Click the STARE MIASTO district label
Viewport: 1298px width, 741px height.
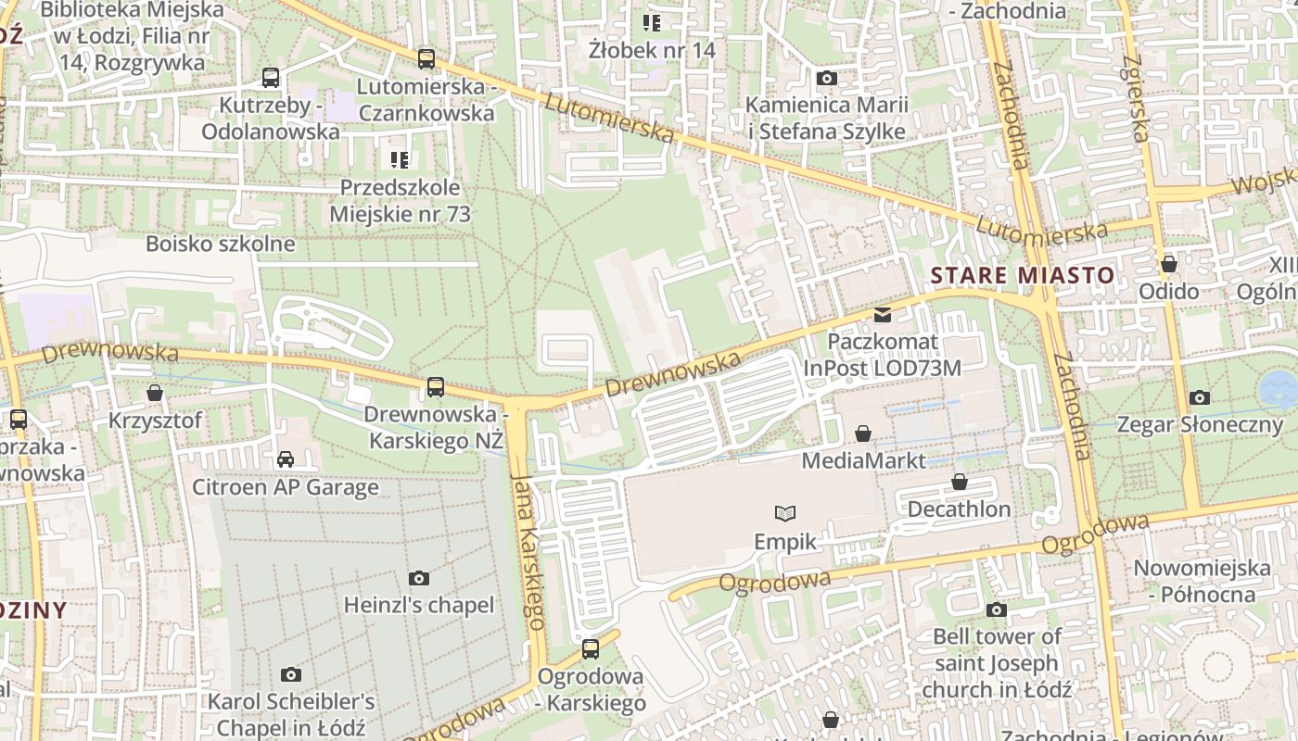coord(1023,275)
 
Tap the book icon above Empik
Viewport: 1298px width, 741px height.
coord(785,513)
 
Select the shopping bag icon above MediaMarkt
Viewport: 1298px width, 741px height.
coord(863,433)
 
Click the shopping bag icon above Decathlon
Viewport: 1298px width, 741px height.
coord(960,483)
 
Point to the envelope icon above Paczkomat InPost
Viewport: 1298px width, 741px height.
coord(882,315)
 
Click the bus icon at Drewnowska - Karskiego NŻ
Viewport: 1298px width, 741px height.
coord(435,386)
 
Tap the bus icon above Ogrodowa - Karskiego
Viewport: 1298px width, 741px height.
coord(591,649)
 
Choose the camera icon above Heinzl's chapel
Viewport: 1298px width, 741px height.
coord(419,579)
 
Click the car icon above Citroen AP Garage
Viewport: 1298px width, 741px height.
coord(286,459)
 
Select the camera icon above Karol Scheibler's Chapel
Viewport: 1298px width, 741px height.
coord(291,674)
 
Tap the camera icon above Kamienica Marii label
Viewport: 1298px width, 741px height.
coord(826,79)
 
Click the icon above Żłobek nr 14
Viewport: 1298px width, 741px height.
coord(652,22)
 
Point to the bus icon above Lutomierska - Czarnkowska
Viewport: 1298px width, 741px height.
coord(426,59)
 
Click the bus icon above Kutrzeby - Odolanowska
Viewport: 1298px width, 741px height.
coord(271,78)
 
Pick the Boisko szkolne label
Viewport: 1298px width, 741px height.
coord(221,245)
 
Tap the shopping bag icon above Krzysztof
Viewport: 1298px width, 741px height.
coord(155,394)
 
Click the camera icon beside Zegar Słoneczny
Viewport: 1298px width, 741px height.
coord(1200,398)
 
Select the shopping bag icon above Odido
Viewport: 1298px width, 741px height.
coord(1169,264)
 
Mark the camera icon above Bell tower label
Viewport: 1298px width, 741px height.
coord(997,609)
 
